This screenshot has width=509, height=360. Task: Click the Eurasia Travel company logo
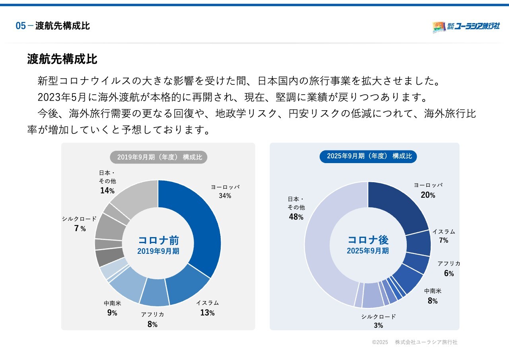pos(466,27)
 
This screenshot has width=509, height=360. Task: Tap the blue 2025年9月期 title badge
pos(368,156)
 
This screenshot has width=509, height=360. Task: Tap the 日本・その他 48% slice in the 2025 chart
pos(322,255)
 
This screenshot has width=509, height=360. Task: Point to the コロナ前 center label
pos(158,240)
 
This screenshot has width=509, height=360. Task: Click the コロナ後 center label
pos(368,240)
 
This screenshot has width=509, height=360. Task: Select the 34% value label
pos(225,196)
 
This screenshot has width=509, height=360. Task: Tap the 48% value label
pos(296,217)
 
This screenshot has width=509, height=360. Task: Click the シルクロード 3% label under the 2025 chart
pos(379,321)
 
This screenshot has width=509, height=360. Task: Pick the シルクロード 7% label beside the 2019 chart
pos(79,224)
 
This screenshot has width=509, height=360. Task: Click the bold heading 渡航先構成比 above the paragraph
pos(62,60)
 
